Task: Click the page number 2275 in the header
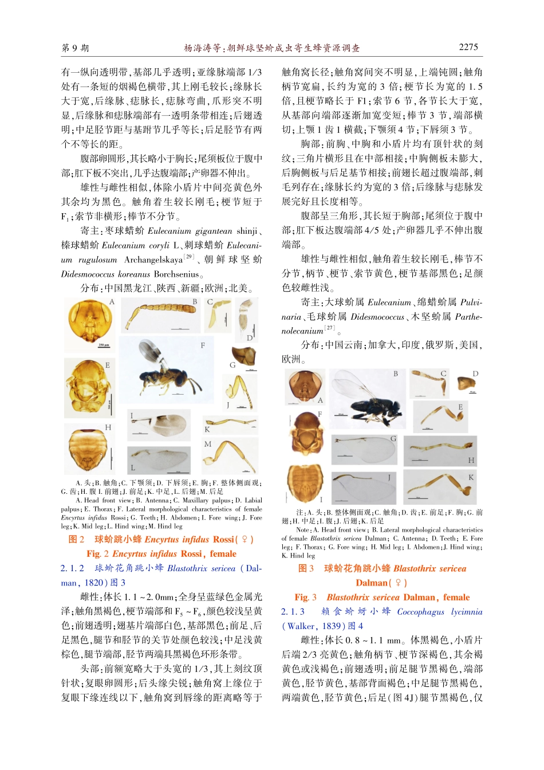coord(468,48)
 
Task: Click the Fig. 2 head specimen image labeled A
coord(90,322)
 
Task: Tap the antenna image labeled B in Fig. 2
coord(160,316)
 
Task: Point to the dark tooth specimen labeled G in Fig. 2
coord(243,356)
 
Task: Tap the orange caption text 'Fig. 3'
coord(305,597)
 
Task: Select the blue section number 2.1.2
coord(72,568)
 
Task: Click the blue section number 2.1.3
coord(293,612)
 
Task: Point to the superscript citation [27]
coord(329,328)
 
